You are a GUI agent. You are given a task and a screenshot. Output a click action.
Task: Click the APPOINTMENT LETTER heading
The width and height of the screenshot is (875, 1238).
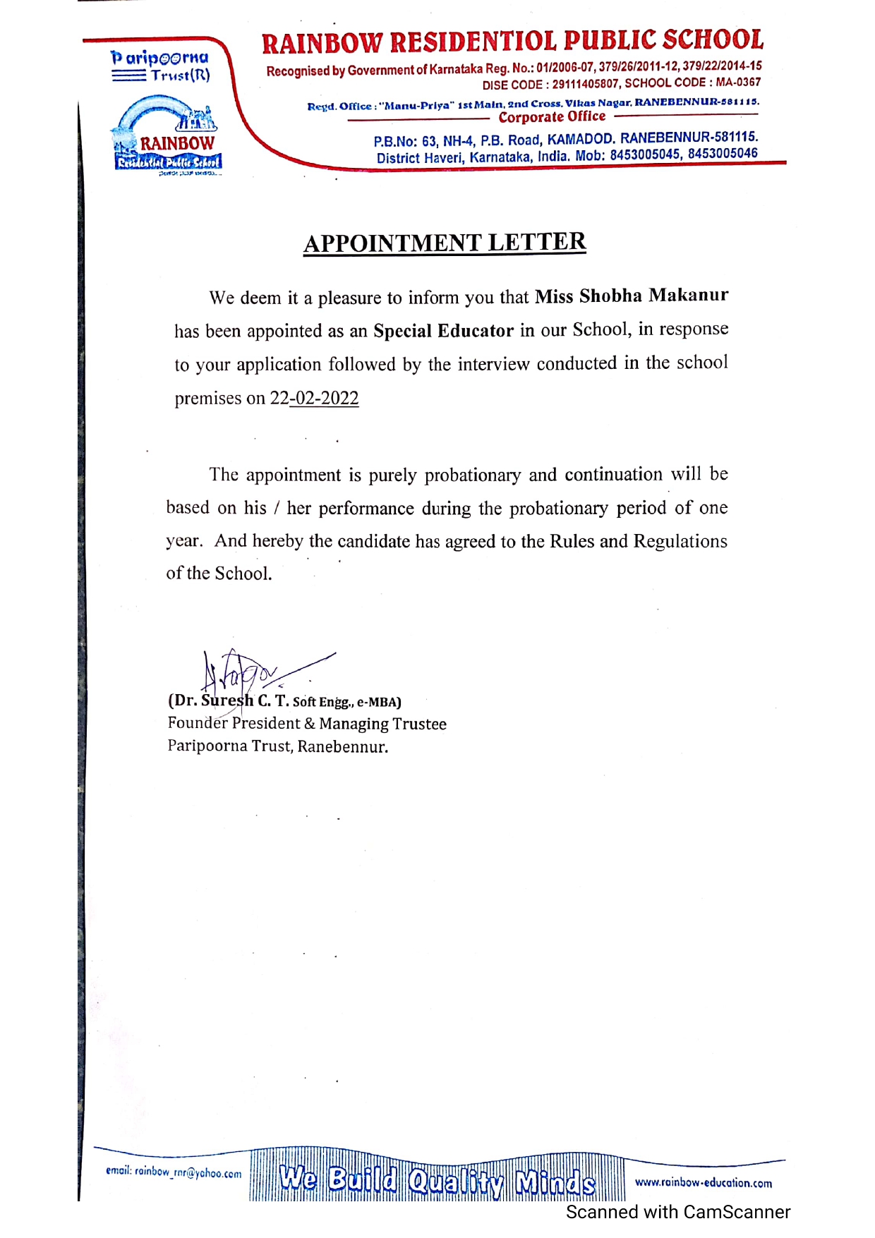coord(445,243)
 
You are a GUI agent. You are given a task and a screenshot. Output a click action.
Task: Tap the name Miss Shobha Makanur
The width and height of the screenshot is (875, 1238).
coord(631,296)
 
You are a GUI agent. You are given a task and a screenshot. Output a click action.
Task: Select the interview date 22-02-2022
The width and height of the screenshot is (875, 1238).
coord(315,398)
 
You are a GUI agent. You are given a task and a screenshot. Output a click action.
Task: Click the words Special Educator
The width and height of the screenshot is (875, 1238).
coord(443,330)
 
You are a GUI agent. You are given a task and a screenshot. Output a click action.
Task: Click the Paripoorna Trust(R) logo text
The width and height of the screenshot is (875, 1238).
coord(161,66)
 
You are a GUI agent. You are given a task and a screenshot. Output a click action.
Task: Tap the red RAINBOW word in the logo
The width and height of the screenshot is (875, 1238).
coord(176,143)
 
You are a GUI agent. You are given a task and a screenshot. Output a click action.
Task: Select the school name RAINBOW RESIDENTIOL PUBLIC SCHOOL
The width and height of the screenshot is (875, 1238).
coord(512,42)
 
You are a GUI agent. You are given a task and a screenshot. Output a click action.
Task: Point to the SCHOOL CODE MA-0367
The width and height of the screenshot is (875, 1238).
coord(738,83)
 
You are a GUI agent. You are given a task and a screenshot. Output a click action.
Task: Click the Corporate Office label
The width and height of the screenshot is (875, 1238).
coord(552,117)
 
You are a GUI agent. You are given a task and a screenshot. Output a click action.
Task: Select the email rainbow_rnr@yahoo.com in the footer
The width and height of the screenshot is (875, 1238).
coord(174,1172)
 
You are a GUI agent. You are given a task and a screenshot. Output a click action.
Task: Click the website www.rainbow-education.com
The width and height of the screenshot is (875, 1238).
coord(703,1182)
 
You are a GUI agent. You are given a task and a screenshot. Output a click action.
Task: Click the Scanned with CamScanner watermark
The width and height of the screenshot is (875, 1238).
coord(677,1212)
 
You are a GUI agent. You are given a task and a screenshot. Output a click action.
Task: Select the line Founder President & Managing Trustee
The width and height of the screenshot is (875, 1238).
coord(307,724)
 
